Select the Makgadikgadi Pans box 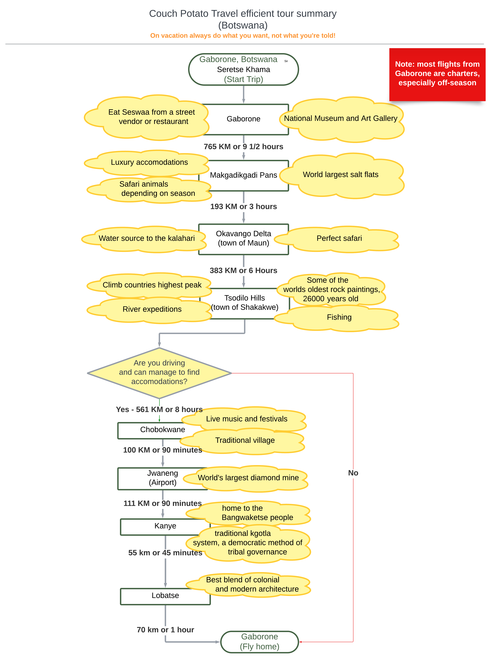click(x=244, y=175)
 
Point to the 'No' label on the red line click(x=353, y=473)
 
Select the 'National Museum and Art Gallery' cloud click(x=342, y=119)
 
